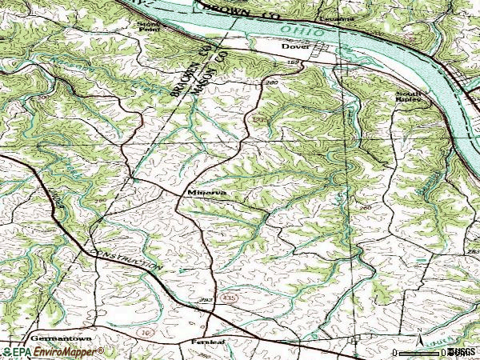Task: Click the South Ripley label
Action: [412, 98]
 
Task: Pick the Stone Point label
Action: [150, 27]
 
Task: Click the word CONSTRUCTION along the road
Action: [129, 257]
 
